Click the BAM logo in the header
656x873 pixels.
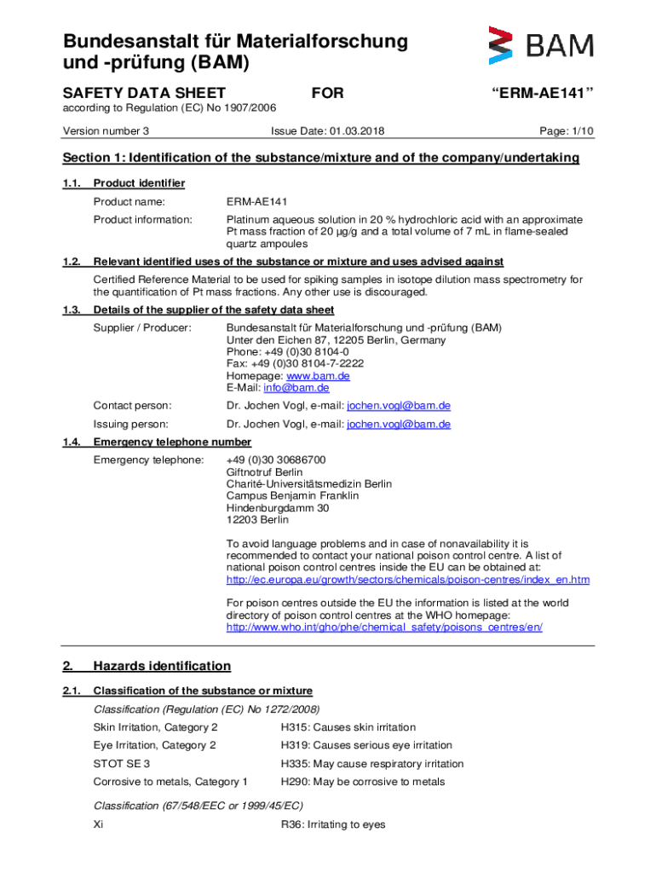tap(540, 46)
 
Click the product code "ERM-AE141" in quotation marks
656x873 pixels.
tap(542, 93)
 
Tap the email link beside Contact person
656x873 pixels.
tap(399, 406)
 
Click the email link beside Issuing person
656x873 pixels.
tap(399, 425)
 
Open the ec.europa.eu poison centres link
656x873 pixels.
tap(407, 580)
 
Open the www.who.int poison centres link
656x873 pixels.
tap(383, 627)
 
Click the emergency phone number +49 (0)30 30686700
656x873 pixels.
tap(276, 460)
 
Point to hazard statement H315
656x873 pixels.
tap(348, 727)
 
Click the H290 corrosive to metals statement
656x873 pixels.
tap(362, 782)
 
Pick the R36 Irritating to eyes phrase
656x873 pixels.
tap(332, 824)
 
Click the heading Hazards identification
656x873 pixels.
tap(162, 666)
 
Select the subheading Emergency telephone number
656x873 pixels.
tap(172, 442)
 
